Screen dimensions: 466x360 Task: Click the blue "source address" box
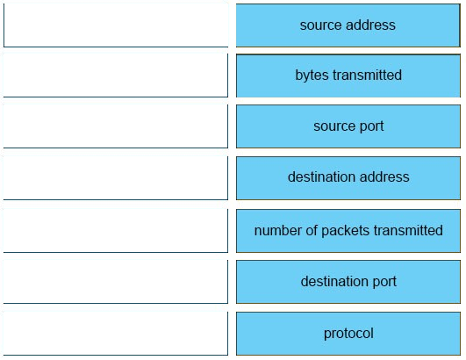pos(348,25)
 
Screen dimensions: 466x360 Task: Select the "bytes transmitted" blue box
pos(348,76)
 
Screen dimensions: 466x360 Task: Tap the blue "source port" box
pos(348,126)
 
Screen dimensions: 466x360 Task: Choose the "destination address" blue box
pos(348,178)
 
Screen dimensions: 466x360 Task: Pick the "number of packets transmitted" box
pos(348,231)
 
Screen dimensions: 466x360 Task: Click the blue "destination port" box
pos(348,282)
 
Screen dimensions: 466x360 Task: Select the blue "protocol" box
pos(348,334)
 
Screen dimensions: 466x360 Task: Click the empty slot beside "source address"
pos(116,25)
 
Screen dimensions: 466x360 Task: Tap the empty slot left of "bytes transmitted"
pos(116,76)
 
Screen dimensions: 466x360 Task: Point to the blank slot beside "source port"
pos(116,126)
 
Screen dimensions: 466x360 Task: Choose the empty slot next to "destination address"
pos(116,178)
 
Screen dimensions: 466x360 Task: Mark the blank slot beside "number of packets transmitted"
pos(116,231)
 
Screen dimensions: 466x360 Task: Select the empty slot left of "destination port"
pos(116,282)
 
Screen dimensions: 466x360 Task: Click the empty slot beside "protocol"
pos(116,334)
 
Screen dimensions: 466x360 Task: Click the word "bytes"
pos(312,76)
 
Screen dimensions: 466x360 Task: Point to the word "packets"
pos(346,231)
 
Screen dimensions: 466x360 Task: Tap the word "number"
pos(274,231)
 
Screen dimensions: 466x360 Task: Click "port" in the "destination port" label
pos(384,282)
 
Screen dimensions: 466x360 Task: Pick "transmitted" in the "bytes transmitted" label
pos(367,76)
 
